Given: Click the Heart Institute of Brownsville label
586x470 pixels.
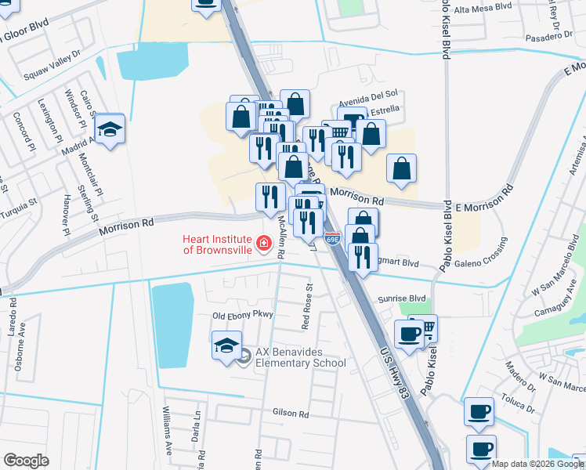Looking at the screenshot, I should pos(217,244).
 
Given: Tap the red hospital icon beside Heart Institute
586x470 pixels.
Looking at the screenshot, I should pos(265,244).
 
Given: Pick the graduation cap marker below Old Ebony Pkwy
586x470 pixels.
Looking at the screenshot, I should pos(226,345).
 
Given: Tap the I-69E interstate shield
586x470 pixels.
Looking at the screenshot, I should pos(331,238).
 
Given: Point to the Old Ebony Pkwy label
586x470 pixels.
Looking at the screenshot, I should pos(242,316).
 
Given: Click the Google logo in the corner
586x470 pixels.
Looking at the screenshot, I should pos(26,460).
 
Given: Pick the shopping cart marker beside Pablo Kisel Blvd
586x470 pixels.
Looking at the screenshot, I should pos(425,328).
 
